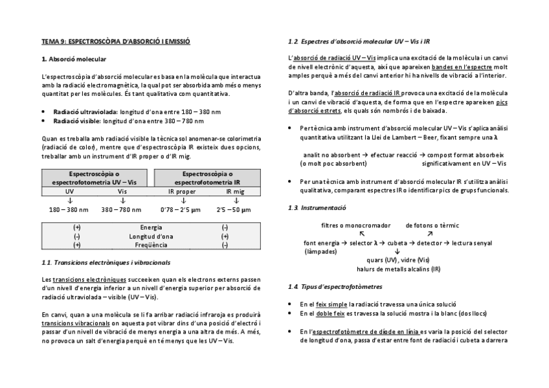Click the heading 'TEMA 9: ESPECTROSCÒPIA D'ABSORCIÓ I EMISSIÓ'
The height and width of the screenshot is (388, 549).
pyautogui.click(x=115, y=41)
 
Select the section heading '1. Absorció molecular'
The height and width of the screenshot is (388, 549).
pyautogui.click(x=69, y=59)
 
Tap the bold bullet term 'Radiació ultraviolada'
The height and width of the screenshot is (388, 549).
pyautogui.click(x=77, y=112)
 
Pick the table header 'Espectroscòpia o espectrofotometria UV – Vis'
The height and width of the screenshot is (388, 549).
pyautogui.click(x=96, y=178)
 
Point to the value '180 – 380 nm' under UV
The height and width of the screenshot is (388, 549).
pyautogui.click(x=69, y=210)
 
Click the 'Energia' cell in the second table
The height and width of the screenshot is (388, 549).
pyautogui.click(x=151, y=227)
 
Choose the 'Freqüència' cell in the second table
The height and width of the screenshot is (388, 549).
pyautogui.click(x=151, y=245)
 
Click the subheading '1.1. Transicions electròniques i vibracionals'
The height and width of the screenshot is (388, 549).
pyautogui.click(x=106, y=263)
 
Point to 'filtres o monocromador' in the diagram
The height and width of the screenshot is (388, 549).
pyautogui.click(x=355, y=225)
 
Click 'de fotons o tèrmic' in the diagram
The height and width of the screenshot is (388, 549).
pyautogui.click(x=432, y=225)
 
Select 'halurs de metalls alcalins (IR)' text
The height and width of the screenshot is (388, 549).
pyautogui.click(x=398, y=268)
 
